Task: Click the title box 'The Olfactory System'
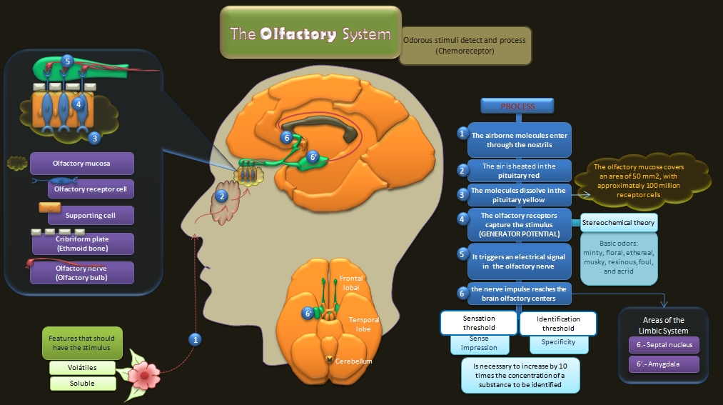[310, 34]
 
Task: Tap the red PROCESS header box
[517, 106]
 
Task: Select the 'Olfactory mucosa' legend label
[81, 164]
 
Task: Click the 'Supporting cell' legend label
[89, 215]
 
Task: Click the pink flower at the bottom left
[147, 372]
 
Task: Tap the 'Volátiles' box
[83, 368]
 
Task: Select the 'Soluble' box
[83, 384]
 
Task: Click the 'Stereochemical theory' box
[618, 223]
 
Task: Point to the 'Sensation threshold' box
[478, 324]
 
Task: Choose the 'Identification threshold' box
[558, 324]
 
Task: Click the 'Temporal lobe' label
[363, 326]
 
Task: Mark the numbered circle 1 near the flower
[195, 340]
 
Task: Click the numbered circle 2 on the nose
[223, 194]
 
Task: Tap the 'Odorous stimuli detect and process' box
[465, 46]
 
